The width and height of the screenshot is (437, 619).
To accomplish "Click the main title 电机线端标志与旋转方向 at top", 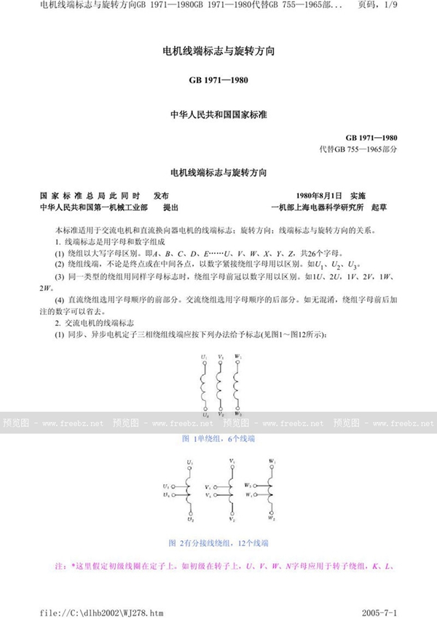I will pos(218,52).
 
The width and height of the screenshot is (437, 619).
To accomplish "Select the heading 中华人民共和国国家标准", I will pos(218,114).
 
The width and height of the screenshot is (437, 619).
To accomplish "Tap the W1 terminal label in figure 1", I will pos(238,357).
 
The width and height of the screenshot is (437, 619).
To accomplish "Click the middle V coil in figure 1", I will pos(221,386).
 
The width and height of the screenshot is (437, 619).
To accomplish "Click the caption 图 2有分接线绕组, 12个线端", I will pos(218,543).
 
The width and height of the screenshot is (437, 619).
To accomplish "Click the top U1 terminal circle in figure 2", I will pos(190,469).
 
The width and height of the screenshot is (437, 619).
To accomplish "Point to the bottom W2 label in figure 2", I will pos(272,520).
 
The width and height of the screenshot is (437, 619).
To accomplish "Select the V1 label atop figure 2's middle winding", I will pos(232,461).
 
